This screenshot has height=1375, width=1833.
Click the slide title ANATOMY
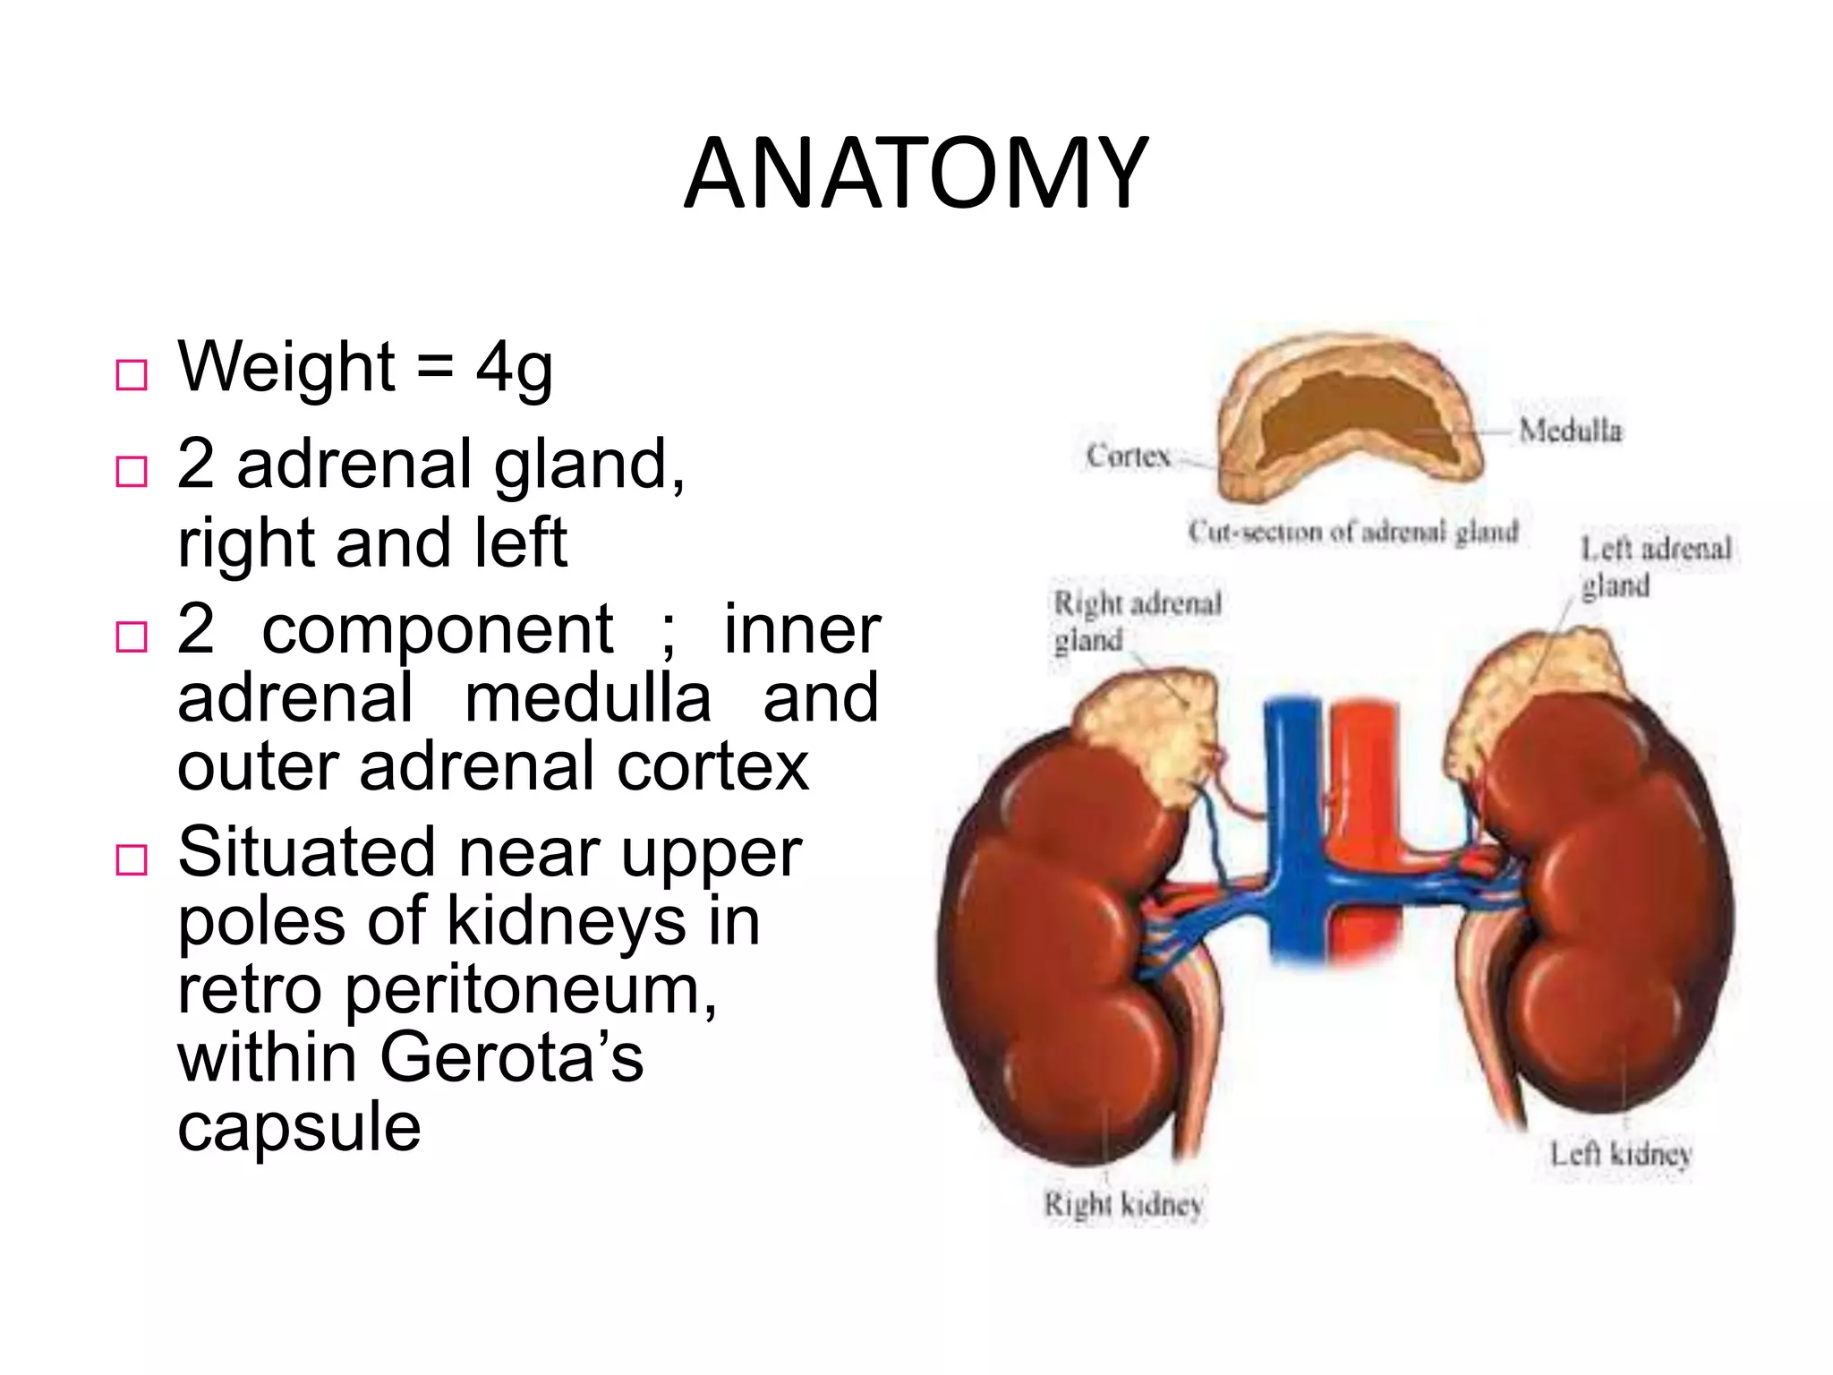tap(915, 174)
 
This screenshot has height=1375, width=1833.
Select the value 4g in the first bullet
tap(514, 369)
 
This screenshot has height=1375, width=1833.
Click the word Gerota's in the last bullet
tap(511, 1058)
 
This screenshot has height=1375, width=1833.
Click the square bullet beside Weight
tap(132, 374)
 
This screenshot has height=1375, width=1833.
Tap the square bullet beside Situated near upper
tap(132, 859)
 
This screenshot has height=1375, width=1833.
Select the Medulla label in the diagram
tap(1570, 431)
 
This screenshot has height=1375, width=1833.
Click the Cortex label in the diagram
tap(1128, 456)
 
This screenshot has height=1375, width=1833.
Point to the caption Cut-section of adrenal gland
tap(1353, 532)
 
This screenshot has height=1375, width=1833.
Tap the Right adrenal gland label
tap(1137, 621)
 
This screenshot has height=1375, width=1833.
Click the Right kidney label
tap(1123, 1204)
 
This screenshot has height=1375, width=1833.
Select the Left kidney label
tap(1620, 1153)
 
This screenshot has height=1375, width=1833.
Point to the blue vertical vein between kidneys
tap(1291, 806)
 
